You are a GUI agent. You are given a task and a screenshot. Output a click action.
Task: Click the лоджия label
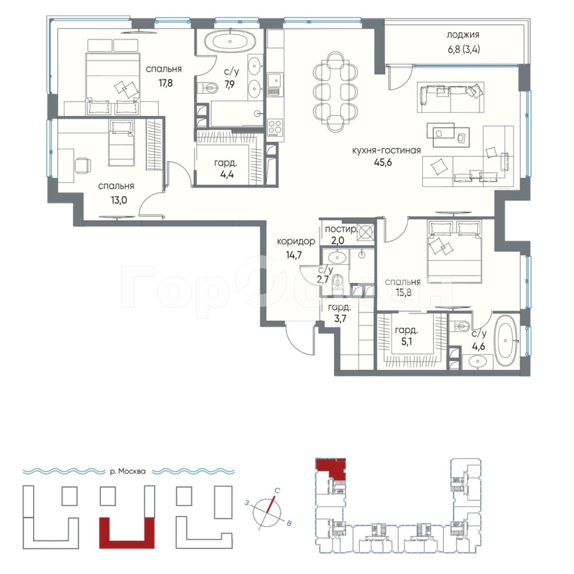tap(463, 35)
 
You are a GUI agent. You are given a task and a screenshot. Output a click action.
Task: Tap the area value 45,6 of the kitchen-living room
tap(383, 163)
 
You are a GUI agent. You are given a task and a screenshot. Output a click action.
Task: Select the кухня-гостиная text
tap(386, 151)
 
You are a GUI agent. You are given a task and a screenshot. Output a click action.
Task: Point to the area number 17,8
tap(165, 83)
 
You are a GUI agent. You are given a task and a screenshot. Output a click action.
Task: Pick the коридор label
tap(296, 242)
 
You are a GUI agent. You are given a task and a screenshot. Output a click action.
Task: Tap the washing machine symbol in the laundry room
tap(366, 232)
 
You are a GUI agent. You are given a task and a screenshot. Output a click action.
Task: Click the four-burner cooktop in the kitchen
tap(275, 128)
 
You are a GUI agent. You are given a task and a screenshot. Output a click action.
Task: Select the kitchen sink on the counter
tap(274, 80)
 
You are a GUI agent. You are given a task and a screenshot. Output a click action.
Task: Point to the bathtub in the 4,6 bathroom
tap(506, 341)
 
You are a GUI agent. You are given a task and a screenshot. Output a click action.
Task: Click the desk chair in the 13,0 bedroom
tap(82, 165)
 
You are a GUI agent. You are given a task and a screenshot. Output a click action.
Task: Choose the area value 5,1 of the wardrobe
tap(407, 342)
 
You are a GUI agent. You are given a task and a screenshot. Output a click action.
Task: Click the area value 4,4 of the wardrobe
tap(227, 174)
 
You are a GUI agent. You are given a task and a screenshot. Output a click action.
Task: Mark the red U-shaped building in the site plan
tap(127, 533)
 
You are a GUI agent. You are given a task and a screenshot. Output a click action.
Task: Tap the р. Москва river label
tap(128, 471)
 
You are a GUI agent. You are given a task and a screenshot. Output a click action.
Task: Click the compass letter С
tap(278, 491)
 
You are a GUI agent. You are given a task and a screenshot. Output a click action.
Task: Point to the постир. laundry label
tap(341, 230)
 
